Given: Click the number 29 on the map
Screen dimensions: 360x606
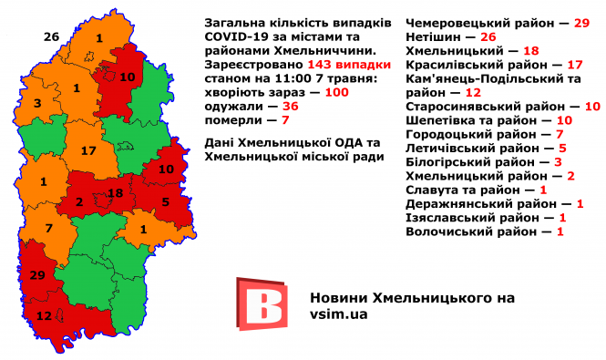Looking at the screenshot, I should [37, 274].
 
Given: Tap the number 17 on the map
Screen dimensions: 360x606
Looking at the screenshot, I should [88, 150].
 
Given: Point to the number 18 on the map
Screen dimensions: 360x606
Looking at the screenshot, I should [116, 193].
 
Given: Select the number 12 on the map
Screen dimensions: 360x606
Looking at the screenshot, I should [44, 316].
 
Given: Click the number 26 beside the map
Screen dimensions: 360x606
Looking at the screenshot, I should [51, 36].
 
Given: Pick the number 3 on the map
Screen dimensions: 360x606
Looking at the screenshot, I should [36, 103].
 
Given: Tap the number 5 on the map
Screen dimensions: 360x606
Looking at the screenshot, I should [166, 202].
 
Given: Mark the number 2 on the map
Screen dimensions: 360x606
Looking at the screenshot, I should [79, 202].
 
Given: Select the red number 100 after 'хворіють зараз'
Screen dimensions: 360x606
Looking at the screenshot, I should [337, 92].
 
